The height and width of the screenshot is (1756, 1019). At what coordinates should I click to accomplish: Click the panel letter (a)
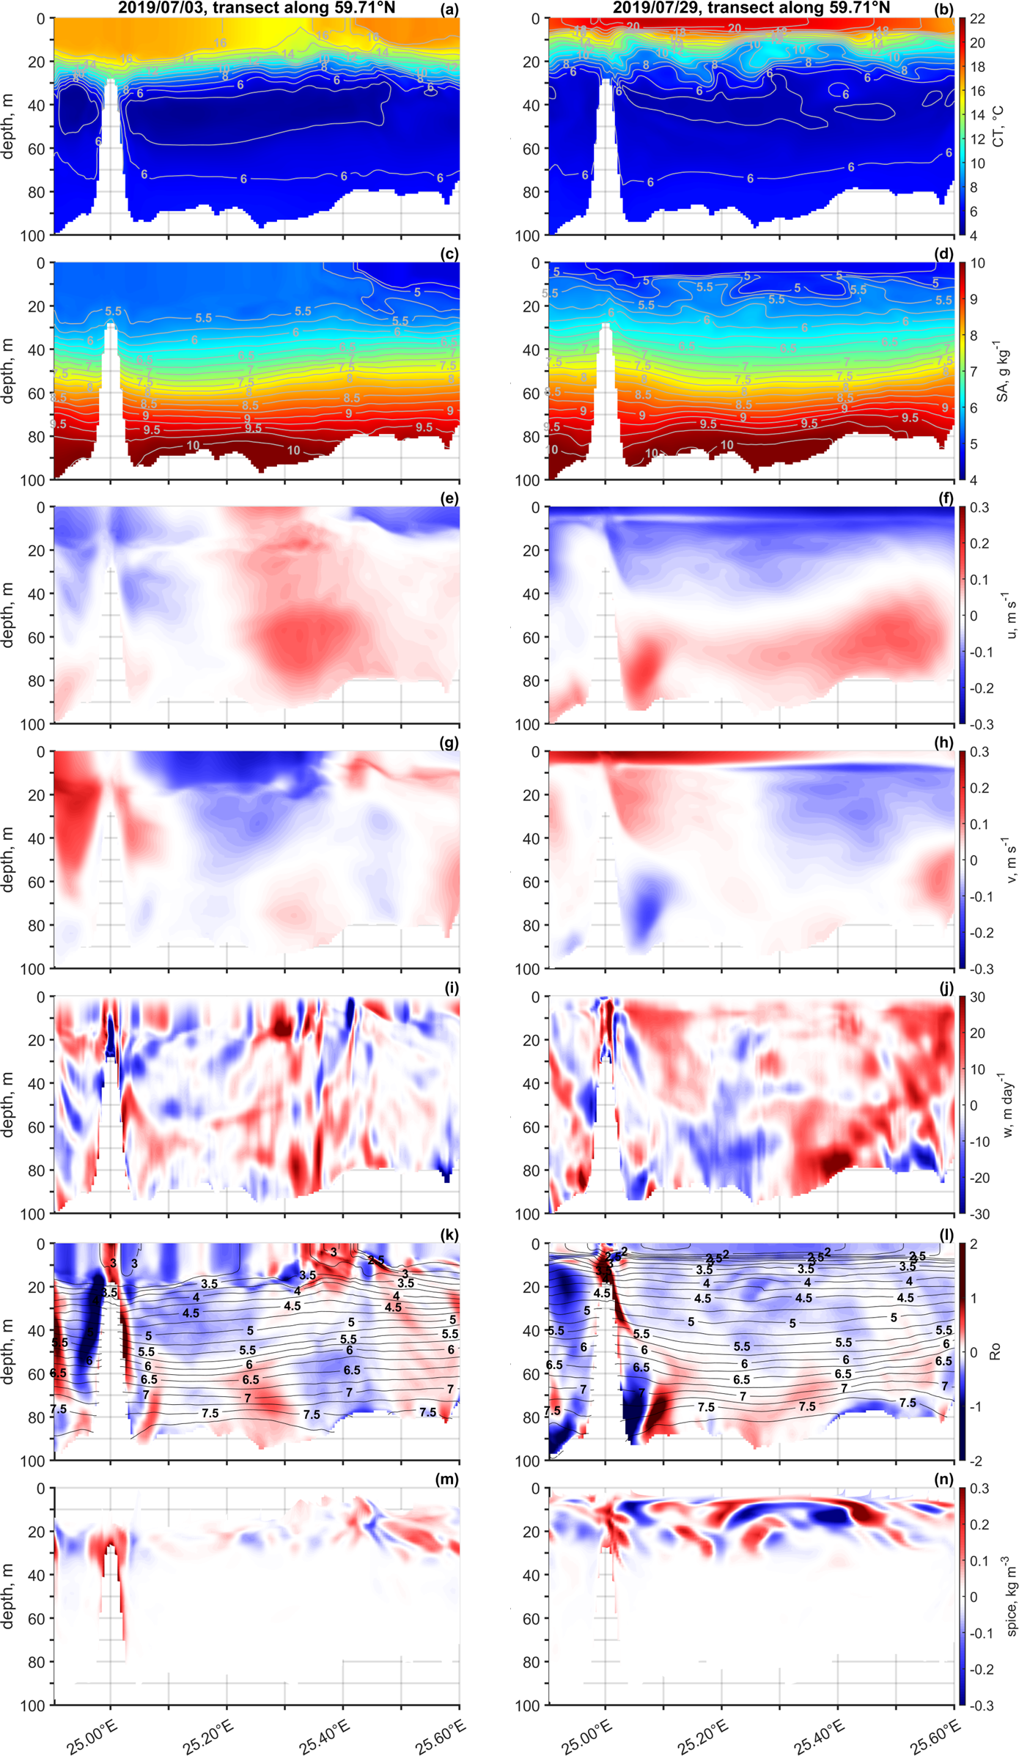pos(449,9)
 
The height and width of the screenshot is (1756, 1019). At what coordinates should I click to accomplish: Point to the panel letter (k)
pos(449,1233)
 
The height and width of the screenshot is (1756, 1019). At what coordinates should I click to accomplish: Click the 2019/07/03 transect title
pos(257,8)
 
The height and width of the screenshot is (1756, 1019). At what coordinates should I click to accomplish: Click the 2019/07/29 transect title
pos(751,8)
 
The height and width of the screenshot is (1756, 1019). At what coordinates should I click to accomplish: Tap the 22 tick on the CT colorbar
pos(978,19)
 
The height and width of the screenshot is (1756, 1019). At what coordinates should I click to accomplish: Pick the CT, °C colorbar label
pos(998,126)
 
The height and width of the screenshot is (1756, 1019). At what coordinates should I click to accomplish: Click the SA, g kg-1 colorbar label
pos(1001,371)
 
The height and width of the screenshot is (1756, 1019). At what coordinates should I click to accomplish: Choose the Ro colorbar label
pos(996,1351)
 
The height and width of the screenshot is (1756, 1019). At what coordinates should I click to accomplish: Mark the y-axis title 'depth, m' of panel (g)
pos(9,859)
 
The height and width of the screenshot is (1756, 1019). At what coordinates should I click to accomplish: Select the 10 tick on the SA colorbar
pos(978,263)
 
